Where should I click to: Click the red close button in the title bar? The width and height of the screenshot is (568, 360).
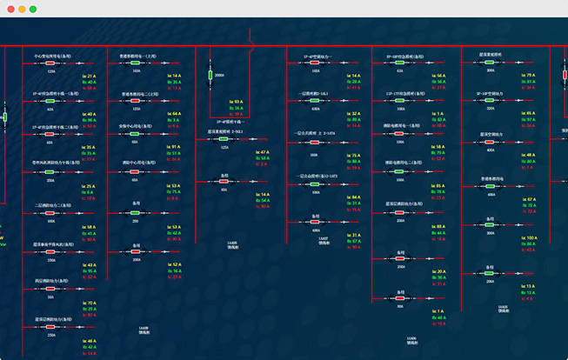9,9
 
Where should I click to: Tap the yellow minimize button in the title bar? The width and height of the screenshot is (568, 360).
21,9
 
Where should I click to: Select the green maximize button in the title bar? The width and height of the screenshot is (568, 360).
33,9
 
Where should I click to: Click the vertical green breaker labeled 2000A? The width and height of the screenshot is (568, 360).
210,77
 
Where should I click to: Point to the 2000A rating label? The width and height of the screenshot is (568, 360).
219,76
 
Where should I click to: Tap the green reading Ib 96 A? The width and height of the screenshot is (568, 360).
90,119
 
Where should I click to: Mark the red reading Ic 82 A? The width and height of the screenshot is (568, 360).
90,125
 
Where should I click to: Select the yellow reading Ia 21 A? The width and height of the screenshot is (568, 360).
90,76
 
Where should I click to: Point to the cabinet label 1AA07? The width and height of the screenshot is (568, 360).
323,238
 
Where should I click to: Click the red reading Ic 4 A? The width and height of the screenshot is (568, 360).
173,125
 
